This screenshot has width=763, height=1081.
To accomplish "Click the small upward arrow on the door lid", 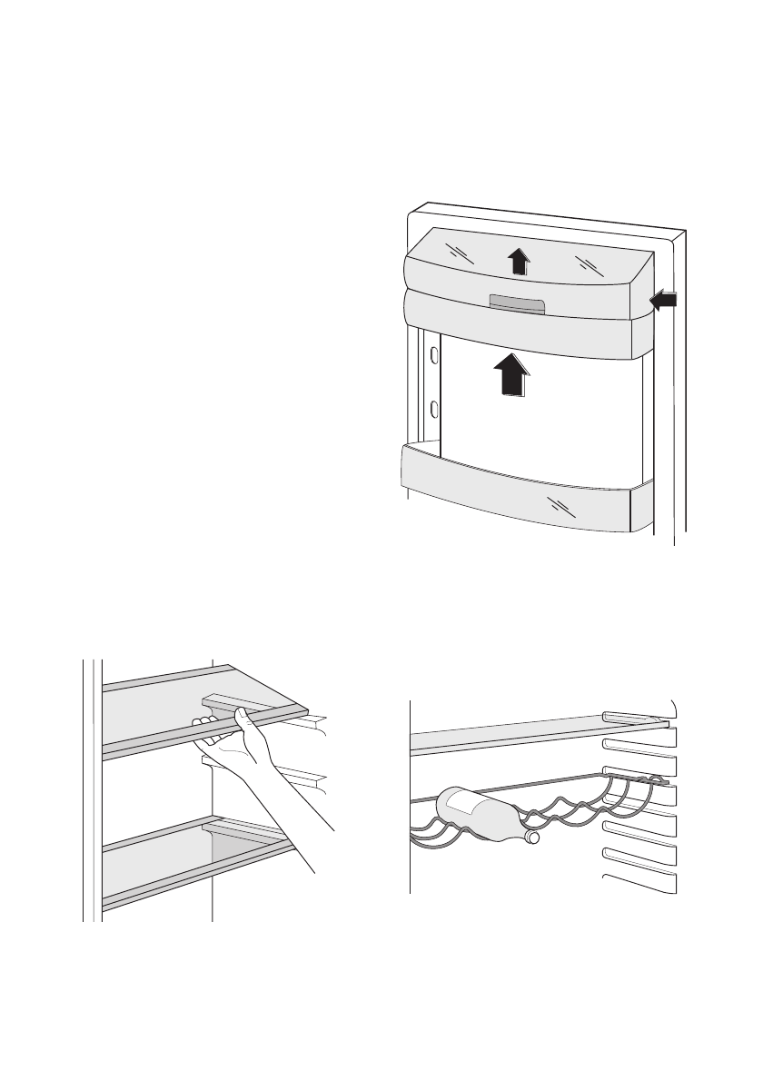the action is [x=517, y=262].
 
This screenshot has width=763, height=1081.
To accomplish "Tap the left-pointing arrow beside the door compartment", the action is [x=664, y=301].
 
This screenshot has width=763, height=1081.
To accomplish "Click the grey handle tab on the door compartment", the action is [x=516, y=304].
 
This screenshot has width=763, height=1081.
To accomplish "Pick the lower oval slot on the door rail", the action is [x=433, y=409].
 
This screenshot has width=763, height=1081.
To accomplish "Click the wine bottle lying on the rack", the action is [x=481, y=813].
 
